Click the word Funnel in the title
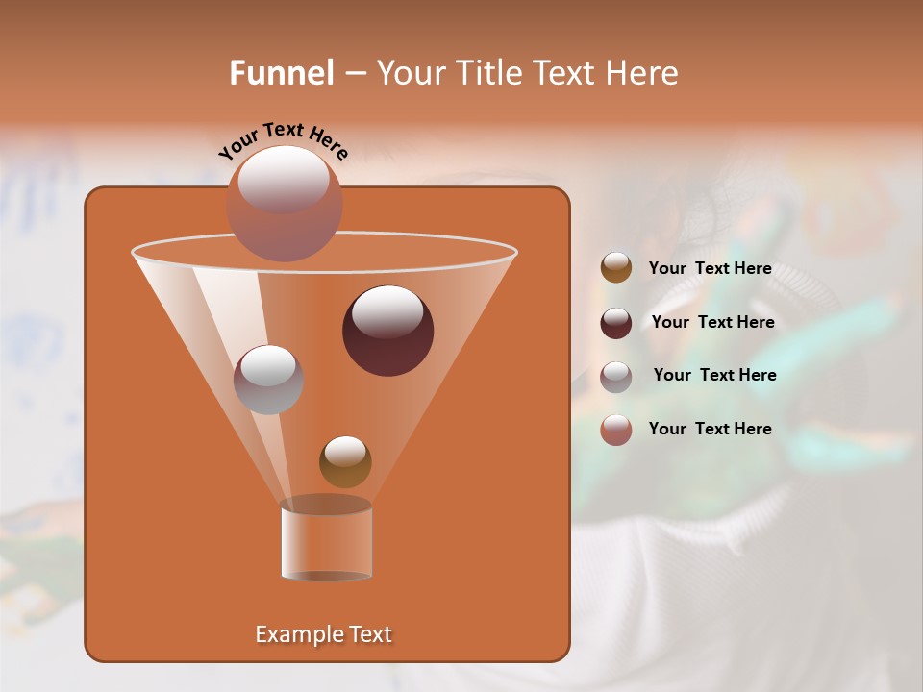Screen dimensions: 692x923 pyautogui.click(x=281, y=73)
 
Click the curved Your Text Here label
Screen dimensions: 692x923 pyautogui.click(x=283, y=139)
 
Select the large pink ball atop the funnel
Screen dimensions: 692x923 pyautogui.click(x=284, y=204)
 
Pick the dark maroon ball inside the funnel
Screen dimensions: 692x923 pyautogui.click(x=387, y=331)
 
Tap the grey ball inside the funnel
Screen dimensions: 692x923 pyautogui.click(x=268, y=379)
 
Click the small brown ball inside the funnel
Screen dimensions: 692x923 pyautogui.click(x=345, y=461)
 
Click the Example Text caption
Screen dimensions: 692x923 pyautogui.click(x=323, y=634)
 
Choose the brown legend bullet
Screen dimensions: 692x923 pyautogui.click(x=616, y=268)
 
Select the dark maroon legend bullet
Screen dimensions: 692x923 pyautogui.click(x=616, y=322)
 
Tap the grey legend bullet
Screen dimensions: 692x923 pyautogui.click(x=616, y=376)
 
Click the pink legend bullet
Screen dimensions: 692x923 pyautogui.click(x=616, y=430)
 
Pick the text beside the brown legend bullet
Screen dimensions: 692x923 pyautogui.click(x=710, y=269)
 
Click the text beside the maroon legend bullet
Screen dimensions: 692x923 pyautogui.click(x=712, y=323)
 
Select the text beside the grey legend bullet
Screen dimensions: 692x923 pyautogui.click(x=714, y=375)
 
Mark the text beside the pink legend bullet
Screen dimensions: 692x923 pyautogui.click(x=710, y=429)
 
